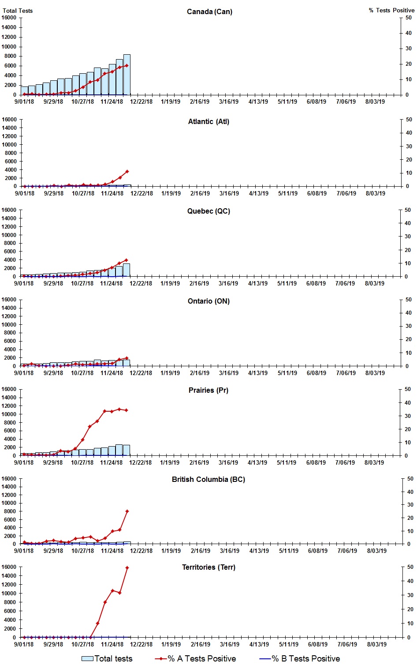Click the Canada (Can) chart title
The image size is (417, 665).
[209, 11]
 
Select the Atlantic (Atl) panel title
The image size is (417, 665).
[208, 121]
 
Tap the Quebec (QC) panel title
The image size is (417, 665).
[208, 211]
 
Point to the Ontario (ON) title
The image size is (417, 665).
[208, 301]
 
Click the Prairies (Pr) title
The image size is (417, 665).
[208, 390]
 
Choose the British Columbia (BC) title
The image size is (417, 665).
[208, 479]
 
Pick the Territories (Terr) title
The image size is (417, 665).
[208, 567]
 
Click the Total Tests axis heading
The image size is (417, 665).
[18, 11]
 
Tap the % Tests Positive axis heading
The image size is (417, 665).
[391, 10]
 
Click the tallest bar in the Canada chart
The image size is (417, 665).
[127, 74]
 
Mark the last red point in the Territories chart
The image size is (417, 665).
[127, 567]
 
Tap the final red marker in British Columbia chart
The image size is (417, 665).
[127, 511]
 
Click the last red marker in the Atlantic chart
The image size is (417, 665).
[127, 171]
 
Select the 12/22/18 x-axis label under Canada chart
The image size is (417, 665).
[141, 101]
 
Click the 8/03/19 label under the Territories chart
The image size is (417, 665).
[377, 644]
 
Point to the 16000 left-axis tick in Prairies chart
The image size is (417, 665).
[9, 389]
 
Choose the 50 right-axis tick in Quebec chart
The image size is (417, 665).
[408, 210]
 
